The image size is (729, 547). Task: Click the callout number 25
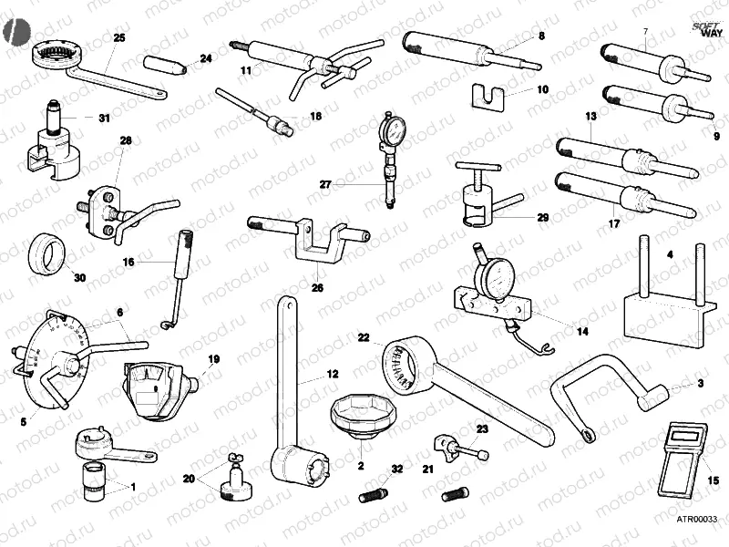click(120, 37)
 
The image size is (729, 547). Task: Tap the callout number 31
click(103, 118)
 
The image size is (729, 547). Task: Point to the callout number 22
click(363, 337)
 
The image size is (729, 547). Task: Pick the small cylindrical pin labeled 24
click(167, 65)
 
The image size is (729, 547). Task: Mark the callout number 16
click(128, 262)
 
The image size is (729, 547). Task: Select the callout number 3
click(701, 384)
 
